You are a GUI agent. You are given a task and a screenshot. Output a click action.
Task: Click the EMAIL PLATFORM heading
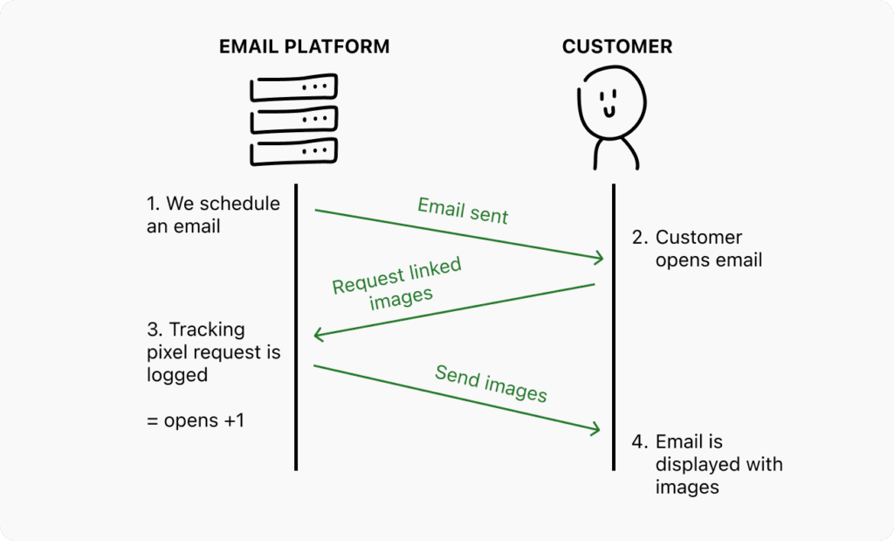click(x=304, y=46)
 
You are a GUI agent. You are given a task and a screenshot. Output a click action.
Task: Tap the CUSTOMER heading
click(x=617, y=46)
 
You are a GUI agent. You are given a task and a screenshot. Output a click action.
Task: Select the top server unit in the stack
click(x=293, y=89)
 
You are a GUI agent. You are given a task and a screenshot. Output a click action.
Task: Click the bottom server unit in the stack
click(x=293, y=152)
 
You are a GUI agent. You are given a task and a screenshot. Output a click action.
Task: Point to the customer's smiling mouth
click(x=609, y=111)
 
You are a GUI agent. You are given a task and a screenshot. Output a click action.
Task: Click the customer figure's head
click(x=610, y=101)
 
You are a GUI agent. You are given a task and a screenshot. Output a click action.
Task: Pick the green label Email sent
click(x=463, y=210)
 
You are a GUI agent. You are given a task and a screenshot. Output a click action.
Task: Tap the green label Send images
click(x=491, y=384)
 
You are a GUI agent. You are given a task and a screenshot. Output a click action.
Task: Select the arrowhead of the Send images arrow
click(x=597, y=429)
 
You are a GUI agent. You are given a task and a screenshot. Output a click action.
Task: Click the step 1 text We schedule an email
click(x=213, y=215)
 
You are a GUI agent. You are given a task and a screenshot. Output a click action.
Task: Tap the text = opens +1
click(x=196, y=420)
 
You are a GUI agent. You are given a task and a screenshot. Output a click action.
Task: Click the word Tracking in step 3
click(x=207, y=329)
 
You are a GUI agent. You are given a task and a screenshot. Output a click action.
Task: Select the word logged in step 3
click(x=177, y=374)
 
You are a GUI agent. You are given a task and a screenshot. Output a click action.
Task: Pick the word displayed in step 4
click(x=690, y=464)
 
